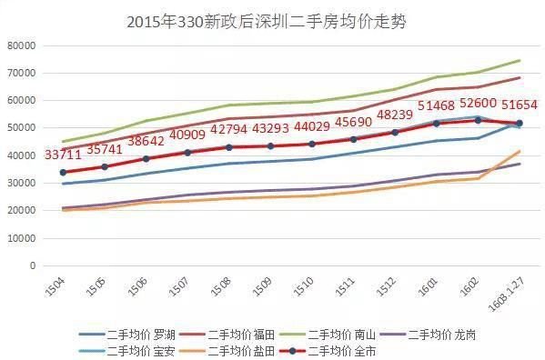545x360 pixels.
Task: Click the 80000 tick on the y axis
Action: [20, 45]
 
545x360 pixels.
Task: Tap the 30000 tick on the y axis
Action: [20, 183]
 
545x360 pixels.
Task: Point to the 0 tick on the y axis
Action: [32, 265]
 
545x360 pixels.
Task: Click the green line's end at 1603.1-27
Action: [520, 61]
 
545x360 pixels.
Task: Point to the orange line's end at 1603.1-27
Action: [520, 151]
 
